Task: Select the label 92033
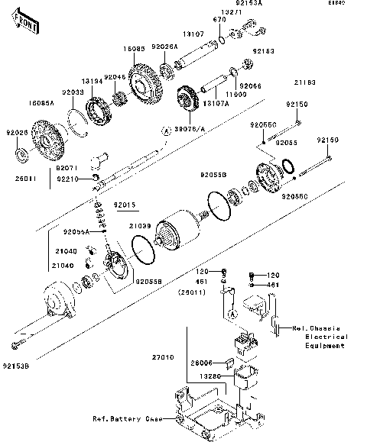click(73, 92)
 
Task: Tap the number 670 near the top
click(218, 19)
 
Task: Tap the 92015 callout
click(125, 205)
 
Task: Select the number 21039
click(139, 227)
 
